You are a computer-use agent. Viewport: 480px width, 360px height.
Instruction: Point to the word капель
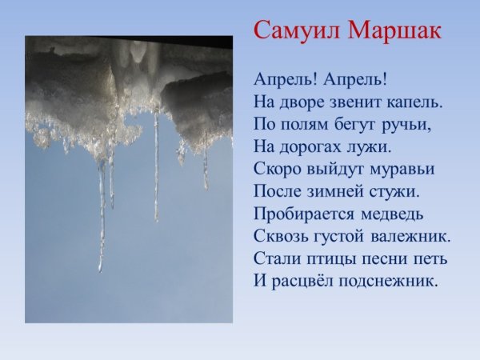[x=414, y=103]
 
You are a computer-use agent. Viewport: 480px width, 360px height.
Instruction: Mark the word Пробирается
[x=301, y=214]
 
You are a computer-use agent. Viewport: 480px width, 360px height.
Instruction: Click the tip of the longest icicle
[x=101, y=270]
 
